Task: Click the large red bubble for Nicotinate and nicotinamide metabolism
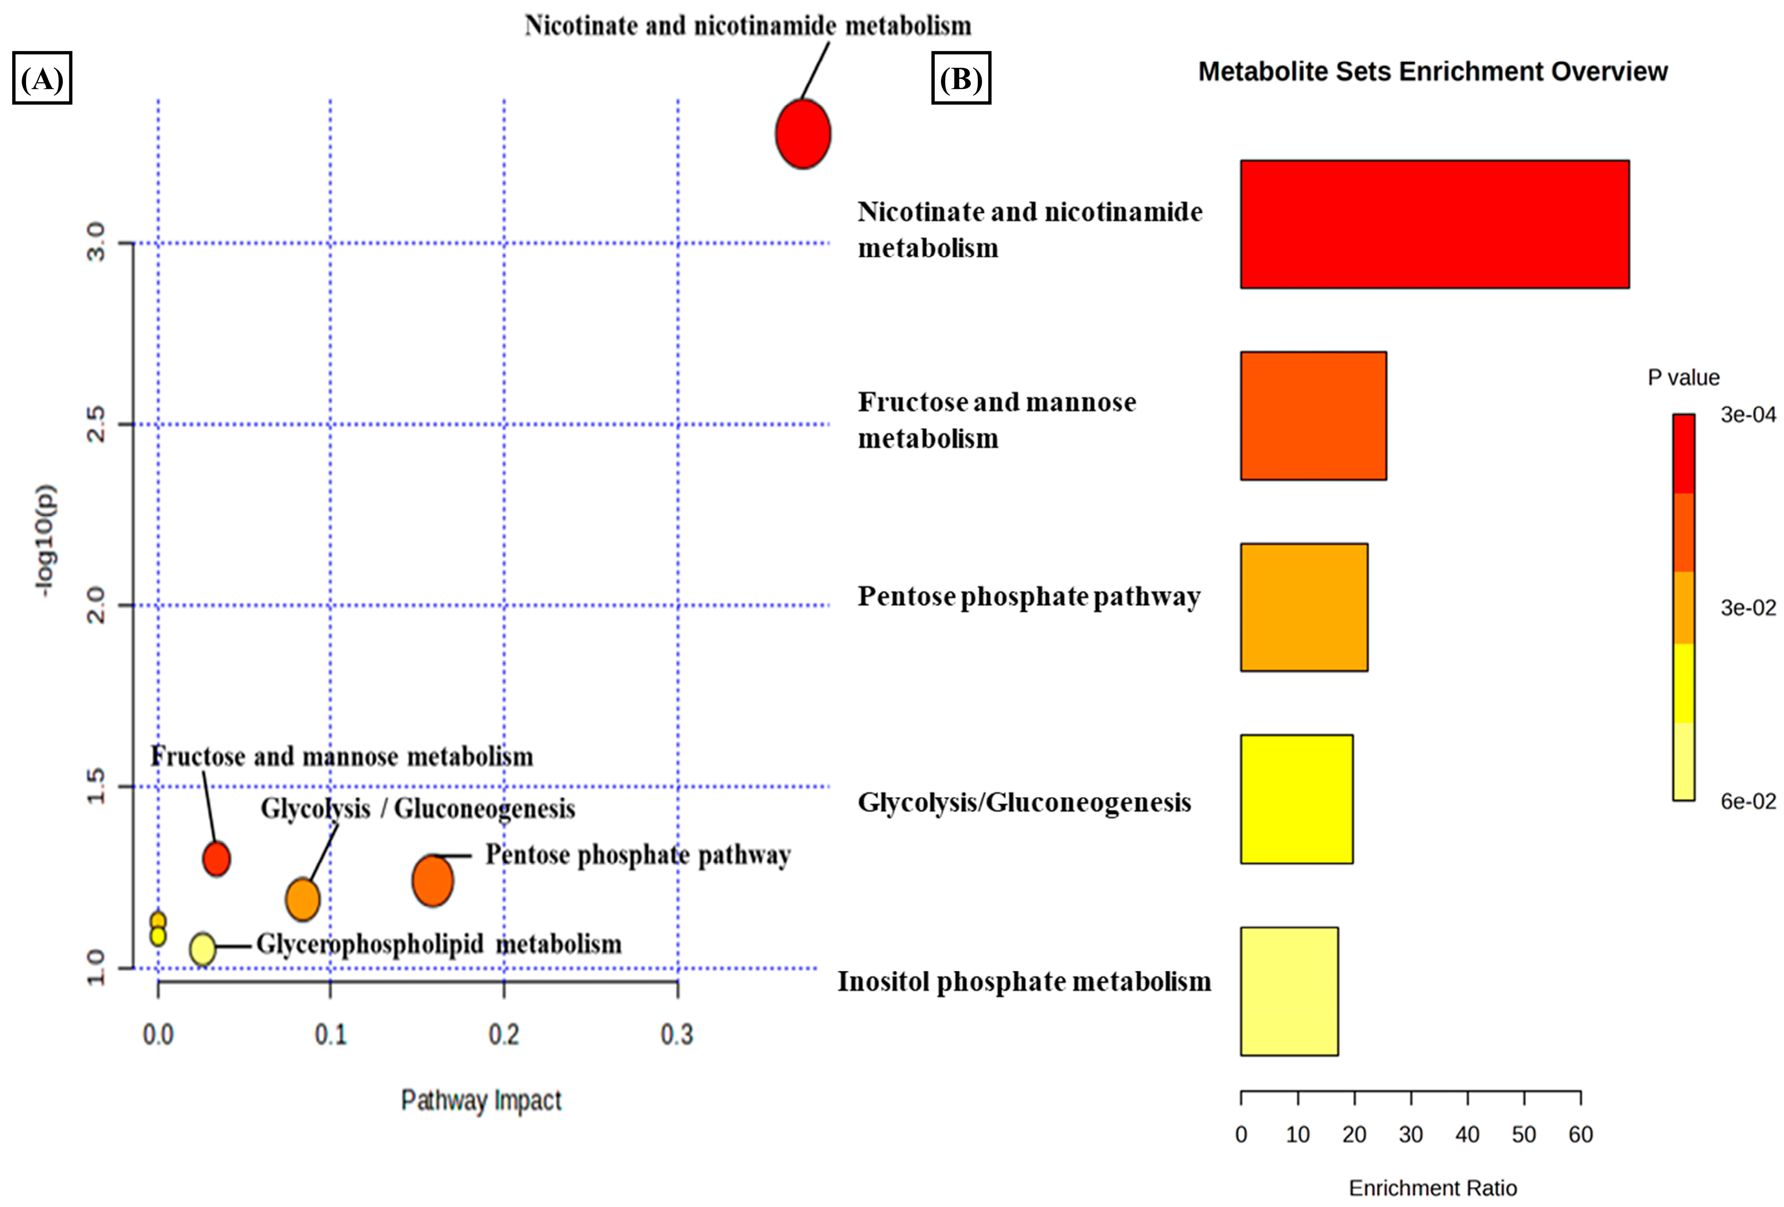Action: [802, 134]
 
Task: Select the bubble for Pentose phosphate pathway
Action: [432, 880]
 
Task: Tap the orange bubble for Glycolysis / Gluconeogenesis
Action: [303, 899]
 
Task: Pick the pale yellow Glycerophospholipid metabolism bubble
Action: [203, 949]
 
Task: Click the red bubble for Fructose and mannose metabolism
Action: [217, 859]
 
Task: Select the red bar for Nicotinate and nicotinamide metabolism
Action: [1434, 224]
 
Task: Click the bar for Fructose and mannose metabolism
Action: [1313, 416]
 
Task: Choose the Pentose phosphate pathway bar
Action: [1303, 607]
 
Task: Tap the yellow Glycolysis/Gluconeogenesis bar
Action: [1296, 799]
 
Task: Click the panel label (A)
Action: [42, 78]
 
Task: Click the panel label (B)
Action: [960, 78]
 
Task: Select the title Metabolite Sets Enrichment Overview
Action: [1432, 71]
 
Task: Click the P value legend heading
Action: [1683, 378]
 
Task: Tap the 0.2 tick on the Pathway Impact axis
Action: [504, 1034]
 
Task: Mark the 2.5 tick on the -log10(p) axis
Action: [95, 424]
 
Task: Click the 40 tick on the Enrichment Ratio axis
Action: [1467, 1134]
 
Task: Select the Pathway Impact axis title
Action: [481, 1100]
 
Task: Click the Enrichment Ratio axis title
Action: [1432, 1188]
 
